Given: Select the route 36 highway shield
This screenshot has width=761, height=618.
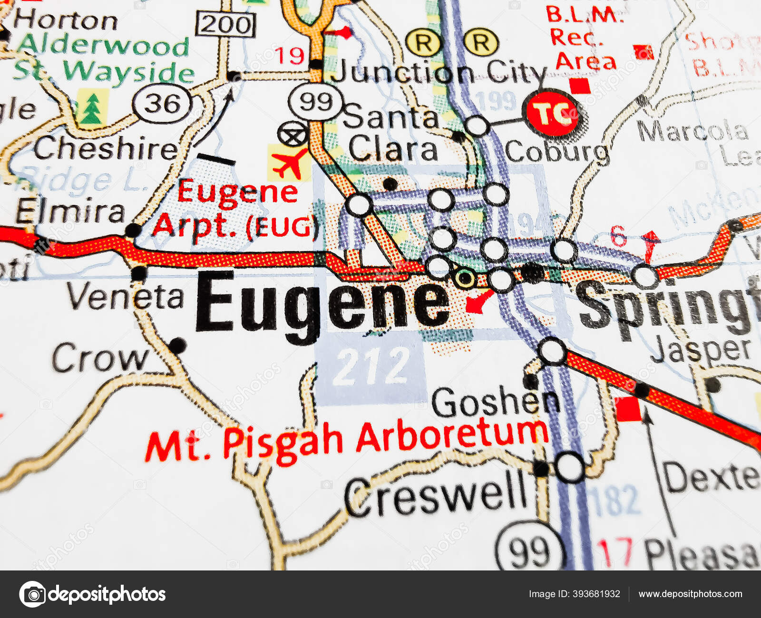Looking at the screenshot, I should click(162, 104).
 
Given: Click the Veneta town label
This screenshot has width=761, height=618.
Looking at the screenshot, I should click(125, 297).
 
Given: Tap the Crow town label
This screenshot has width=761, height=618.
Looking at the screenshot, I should click(100, 358).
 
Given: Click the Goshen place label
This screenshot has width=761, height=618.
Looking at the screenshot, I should click(495, 402).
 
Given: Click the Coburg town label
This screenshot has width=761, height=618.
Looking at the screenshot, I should click(556, 152).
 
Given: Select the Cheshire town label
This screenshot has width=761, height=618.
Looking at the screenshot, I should click(106, 149).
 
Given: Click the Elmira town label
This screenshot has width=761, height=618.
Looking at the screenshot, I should click(70, 212).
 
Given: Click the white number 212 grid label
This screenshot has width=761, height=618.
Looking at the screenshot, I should click(371, 366).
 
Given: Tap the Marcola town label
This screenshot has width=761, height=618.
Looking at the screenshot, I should click(692, 131).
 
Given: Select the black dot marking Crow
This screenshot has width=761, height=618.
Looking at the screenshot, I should click(177, 345).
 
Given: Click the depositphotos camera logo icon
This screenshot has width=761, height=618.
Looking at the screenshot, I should click(32, 594).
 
